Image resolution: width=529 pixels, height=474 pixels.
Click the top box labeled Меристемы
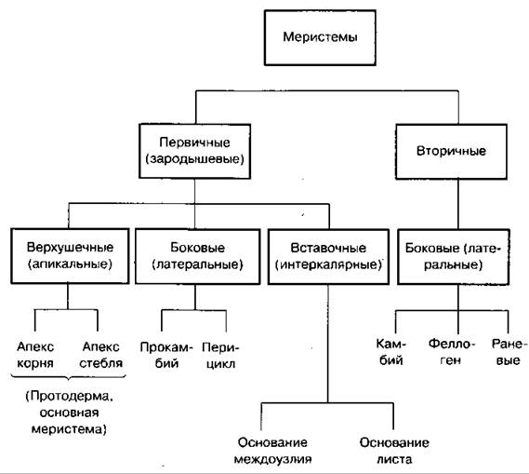pyautogui.click(x=320, y=37)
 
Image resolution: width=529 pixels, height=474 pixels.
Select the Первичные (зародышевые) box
pyautogui.click(x=194, y=151)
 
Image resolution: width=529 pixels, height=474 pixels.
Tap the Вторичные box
pyautogui.click(x=451, y=152)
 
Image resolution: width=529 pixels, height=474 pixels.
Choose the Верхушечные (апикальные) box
pyautogui.click(x=70, y=256)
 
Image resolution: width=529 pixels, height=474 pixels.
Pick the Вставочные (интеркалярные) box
pyautogui.click(x=328, y=257)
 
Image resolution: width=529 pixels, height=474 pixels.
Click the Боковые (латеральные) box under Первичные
pyautogui.click(x=198, y=256)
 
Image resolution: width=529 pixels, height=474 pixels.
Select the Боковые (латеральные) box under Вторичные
pyautogui.click(x=453, y=257)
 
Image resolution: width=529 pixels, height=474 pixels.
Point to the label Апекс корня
pyautogui.click(x=35, y=355)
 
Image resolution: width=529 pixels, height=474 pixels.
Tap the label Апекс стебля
pyautogui.click(x=101, y=355)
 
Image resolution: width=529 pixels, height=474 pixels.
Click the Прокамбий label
pyautogui.click(x=166, y=356)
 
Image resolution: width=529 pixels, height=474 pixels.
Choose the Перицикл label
pyautogui.click(x=220, y=356)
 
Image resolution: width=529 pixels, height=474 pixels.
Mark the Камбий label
pyautogui.click(x=391, y=352)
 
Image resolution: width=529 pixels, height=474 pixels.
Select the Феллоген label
pyautogui.click(x=452, y=352)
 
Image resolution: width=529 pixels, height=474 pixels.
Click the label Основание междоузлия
pyautogui.click(x=272, y=451)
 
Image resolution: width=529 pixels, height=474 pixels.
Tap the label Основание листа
pyautogui.click(x=394, y=451)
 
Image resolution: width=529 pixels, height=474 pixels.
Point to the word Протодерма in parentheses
pyautogui.click(x=71, y=396)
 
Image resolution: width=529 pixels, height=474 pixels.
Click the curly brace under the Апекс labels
pyautogui.click(x=69, y=377)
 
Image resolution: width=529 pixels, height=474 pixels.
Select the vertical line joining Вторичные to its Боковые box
pyautogui.click(x=458, y=204)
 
